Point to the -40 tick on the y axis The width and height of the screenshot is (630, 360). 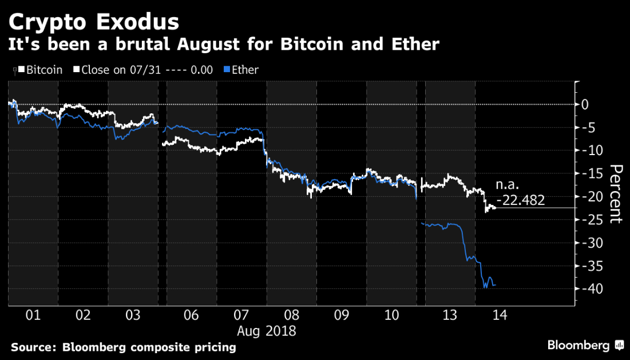pyautogui.click(x=591, y=288)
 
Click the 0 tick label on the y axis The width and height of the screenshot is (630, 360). pyautogui.click(x=585, y=104)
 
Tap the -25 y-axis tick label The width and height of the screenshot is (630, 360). pyautogui.click(x=591, y=219)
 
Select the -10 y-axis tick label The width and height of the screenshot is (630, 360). pyautogui.click(x=591, y=150)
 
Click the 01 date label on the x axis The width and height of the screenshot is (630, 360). pyautogui.click(x=33, y=315)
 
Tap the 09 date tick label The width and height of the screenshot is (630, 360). pyautogui.click(x=342, y=315)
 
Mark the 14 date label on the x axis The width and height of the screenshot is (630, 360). pyautogui.click(x=500, y=315)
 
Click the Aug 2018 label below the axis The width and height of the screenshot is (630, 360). pyautogui.click(x=267, y=331)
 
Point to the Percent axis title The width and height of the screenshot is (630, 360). pyautogui.click(x=616, y=193)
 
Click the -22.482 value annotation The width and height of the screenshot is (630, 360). pyautogui.click(x=520, y=200)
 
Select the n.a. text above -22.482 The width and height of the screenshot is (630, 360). pyautogui.click(x=508, y=186)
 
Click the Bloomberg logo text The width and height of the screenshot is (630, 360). pyautogui.click(x=579, y=345)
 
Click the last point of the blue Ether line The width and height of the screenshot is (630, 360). pyautogui.click(x=496, y=284)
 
